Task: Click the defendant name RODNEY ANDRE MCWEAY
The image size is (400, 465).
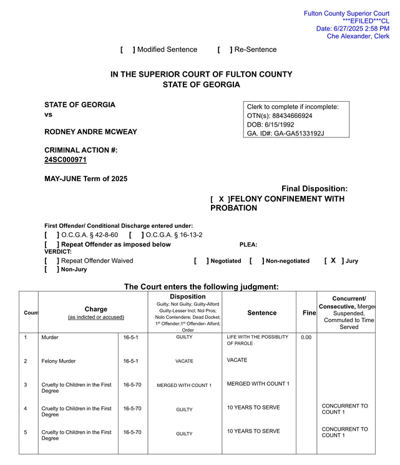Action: coord(90,132)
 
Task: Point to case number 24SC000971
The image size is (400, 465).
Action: coord(66,160)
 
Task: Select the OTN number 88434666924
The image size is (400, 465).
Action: coord(292,115)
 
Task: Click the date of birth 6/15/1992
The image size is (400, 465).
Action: coord(284,124)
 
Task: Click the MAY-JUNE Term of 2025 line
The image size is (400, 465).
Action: coord(85,179)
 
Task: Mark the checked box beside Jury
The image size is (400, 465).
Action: coord(333,261)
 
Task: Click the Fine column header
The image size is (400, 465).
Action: coord(309,313)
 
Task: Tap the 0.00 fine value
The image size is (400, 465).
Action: coord(306,338)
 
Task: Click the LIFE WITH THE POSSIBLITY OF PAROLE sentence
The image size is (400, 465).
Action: coord(257,340)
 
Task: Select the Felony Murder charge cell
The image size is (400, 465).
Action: coord(58,361)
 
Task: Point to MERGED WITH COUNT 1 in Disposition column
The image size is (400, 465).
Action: coord(184,385)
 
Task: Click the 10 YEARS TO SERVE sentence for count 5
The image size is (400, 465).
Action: coord(253,431)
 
